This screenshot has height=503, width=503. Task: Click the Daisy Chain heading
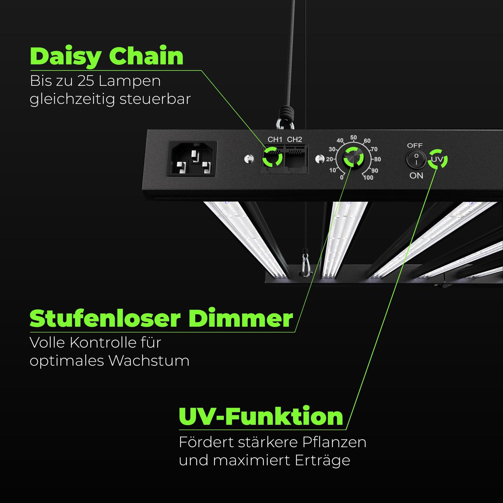pyautogui.click(x=107, y=57)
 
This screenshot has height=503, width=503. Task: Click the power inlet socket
pyautogui.click(x=193, y=158)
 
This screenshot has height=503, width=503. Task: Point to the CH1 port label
pyautogui.click(x=275, y=140)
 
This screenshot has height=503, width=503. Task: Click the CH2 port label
pyautogui.click(x=294, y=140)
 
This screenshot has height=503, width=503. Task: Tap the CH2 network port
pyautogui.click(x=296, y=159)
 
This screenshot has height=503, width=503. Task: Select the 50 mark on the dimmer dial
pyautogui.click(x=353, y=138)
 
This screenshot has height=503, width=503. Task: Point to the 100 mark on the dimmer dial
pyautogui.click(x=368, y=178)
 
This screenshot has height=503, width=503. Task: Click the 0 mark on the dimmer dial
pyautogui.click(x=342, y=178)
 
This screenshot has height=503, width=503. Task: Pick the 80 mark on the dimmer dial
pyautogui.click(x=377, y=159)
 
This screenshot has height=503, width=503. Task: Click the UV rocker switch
pyautogui.click(x=416, y=159)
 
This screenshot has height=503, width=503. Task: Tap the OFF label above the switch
pyautogui.click(x=415, y=146)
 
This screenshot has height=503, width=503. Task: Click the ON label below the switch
pyautogui.click(x=416, y=176)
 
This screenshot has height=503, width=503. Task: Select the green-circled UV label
pyautogui.click(x=437, y=159)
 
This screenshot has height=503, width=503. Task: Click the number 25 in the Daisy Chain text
pyautogui.click(x=86, y=81)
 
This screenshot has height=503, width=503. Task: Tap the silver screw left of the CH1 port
pyautogui.click(x=249, y=158)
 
